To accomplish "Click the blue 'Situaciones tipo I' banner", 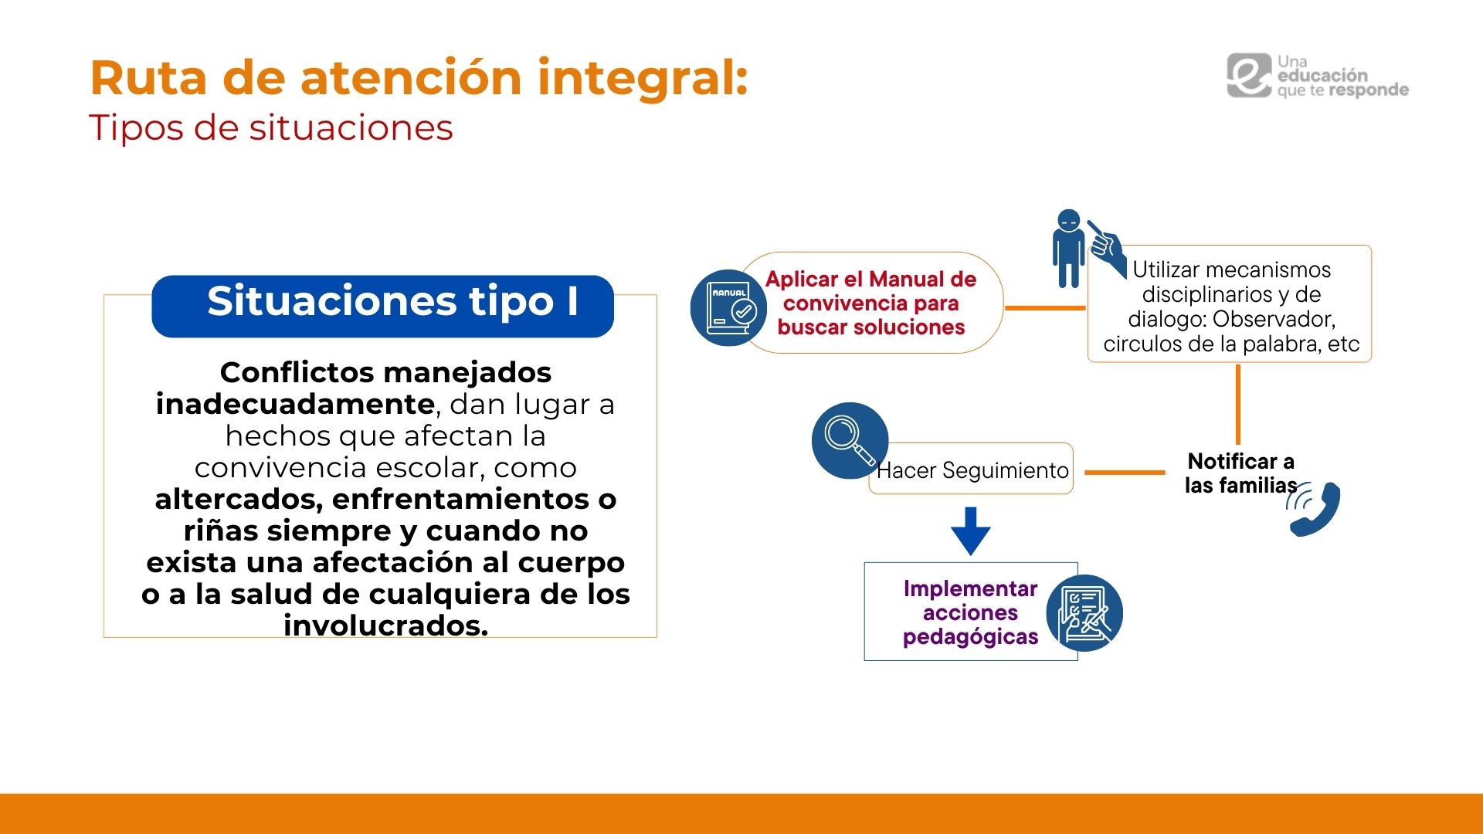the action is coord(382,306).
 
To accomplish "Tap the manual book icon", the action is coord(728,307).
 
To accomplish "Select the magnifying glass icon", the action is coord(850,440).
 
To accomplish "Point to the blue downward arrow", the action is coord(971,531).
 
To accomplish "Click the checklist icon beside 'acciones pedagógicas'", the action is coord(1084,613).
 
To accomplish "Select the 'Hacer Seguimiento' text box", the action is coord(971,469).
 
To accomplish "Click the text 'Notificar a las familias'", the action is coord(1241,473).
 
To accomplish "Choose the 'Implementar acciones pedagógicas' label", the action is coord(971,612).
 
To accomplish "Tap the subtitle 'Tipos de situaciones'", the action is coord(271,127).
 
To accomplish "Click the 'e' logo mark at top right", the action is coord(1249,76).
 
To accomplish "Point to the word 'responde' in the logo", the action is coord(1369,90).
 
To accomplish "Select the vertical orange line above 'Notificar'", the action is coord(1238,404).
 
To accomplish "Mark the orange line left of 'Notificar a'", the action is coord(1125,472).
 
